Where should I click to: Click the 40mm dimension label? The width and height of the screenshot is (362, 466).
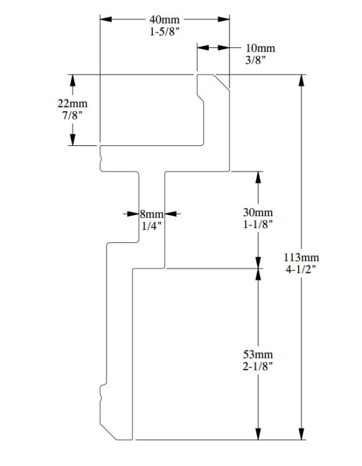(164, 20)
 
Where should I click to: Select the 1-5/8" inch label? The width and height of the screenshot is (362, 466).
(164, 32)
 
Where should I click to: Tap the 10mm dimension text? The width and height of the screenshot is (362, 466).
(260, 48)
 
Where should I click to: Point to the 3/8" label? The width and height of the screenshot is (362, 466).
(255, 60)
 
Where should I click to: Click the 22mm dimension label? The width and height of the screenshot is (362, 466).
(73, 103)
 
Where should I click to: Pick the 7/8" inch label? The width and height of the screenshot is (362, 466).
(72, 116)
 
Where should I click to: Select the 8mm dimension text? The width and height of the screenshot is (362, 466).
(152, 214)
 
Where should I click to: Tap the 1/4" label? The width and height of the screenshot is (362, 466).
(152, 226)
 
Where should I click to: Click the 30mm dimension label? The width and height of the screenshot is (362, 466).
(258, 212)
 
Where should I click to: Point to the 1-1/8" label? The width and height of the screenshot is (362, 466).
(258, 224)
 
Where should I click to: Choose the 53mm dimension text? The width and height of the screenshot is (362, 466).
(258, 354)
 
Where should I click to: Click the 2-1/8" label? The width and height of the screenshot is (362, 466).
(258, 367)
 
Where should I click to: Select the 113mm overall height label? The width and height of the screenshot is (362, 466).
(301, 257)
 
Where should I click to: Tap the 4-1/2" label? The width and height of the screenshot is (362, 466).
(301, 270)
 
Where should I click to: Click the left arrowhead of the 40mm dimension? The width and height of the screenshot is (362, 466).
(106, 19)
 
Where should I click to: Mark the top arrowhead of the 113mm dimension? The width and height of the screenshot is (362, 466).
(302, 81)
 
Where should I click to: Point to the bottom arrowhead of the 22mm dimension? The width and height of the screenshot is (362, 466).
(73, 140)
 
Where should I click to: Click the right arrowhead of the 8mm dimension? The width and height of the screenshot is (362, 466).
(171, 214)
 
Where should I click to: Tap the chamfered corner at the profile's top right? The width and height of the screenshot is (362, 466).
(221, 82)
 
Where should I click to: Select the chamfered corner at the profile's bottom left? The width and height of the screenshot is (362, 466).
(108, 432)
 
